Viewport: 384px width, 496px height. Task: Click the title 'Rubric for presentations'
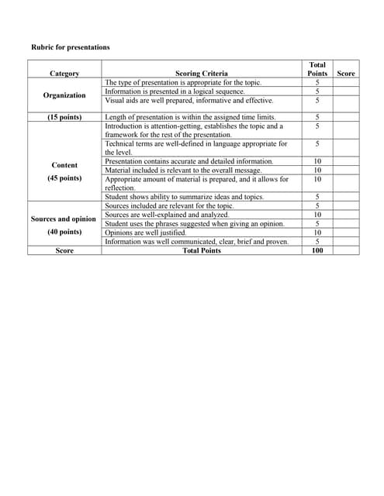click(x=71, y=47)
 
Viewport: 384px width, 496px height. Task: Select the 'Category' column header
click(x=64, y=74)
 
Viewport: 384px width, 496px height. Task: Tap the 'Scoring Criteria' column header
click(x=201, y=74)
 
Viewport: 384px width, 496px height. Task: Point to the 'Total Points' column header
click(x=317, y=69)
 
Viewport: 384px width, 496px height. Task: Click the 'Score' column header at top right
click(x=347, y=74)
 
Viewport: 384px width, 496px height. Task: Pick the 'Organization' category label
click(x=64, y=95)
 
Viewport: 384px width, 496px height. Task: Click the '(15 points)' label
click(x=64, y=117)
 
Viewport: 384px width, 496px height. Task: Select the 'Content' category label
click(x=64, y=165)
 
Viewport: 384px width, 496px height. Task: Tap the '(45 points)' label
click(x=64, y=178)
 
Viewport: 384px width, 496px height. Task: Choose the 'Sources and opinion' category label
click(x=64, y=219)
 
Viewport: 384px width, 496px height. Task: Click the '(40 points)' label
click(x=64, y=232)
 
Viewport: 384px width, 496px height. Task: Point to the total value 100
click(x=317, y=250)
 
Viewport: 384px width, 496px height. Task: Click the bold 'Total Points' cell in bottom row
click(x=201, y=250)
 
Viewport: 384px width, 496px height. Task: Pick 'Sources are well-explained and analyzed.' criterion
click(x=167, y=215)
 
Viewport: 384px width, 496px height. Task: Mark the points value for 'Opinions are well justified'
click(x=317, y=232)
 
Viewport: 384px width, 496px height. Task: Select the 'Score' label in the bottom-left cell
click(x=64, y=250)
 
